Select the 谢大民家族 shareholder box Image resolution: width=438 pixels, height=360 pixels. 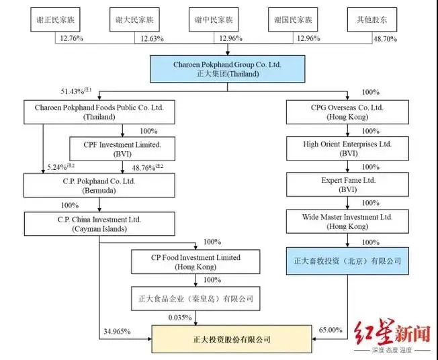pos(134,20)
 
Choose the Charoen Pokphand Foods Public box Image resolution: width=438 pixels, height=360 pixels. pos(95,111)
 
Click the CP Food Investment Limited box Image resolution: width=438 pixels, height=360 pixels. pos(195,262)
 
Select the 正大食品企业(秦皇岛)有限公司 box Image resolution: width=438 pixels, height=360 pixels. pos(195,296)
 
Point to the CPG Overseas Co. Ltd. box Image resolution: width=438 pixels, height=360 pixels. pos(348,111)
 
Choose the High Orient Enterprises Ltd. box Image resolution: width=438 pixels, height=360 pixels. pos(348,148)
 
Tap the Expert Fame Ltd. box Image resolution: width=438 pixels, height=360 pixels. pos(348,185)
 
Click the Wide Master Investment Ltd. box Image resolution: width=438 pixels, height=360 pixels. pos(348,222)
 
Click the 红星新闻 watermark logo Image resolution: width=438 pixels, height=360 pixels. pos(400,336)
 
